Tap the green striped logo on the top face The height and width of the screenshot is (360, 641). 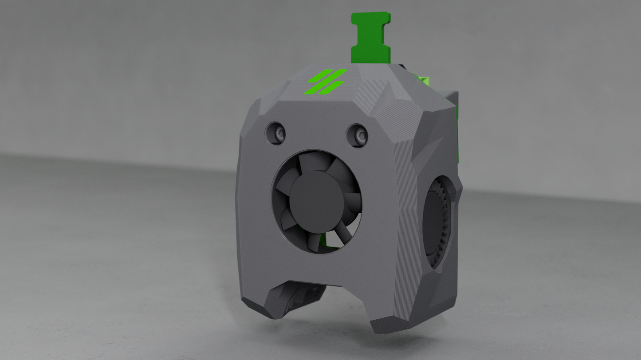326,82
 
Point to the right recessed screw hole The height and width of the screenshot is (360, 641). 357,135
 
